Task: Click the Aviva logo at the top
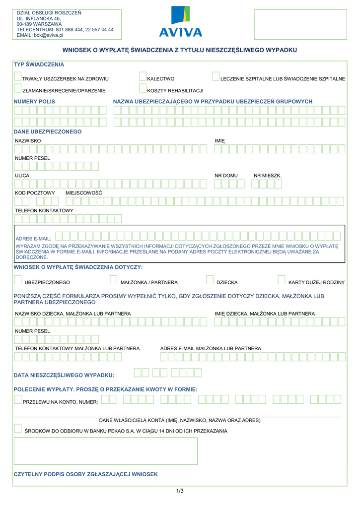coord(180,22)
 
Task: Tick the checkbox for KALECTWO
coord(143,76)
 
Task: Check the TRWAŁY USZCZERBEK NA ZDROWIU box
coord(18,76)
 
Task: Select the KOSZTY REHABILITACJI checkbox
coord(143,88)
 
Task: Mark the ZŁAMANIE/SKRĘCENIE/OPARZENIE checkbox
coord(18,88)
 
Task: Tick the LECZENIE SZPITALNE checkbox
coord(216,76)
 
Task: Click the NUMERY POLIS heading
coord(34,101)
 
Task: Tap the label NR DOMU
coord(226,176)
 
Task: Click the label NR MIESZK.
coord(268,176)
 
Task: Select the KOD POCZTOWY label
coord(35,192)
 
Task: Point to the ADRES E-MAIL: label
coord(33,239)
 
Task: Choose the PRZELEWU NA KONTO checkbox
coord(18,399)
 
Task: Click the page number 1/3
coord(180,491)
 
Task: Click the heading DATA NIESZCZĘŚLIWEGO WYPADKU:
coord(64,375)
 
